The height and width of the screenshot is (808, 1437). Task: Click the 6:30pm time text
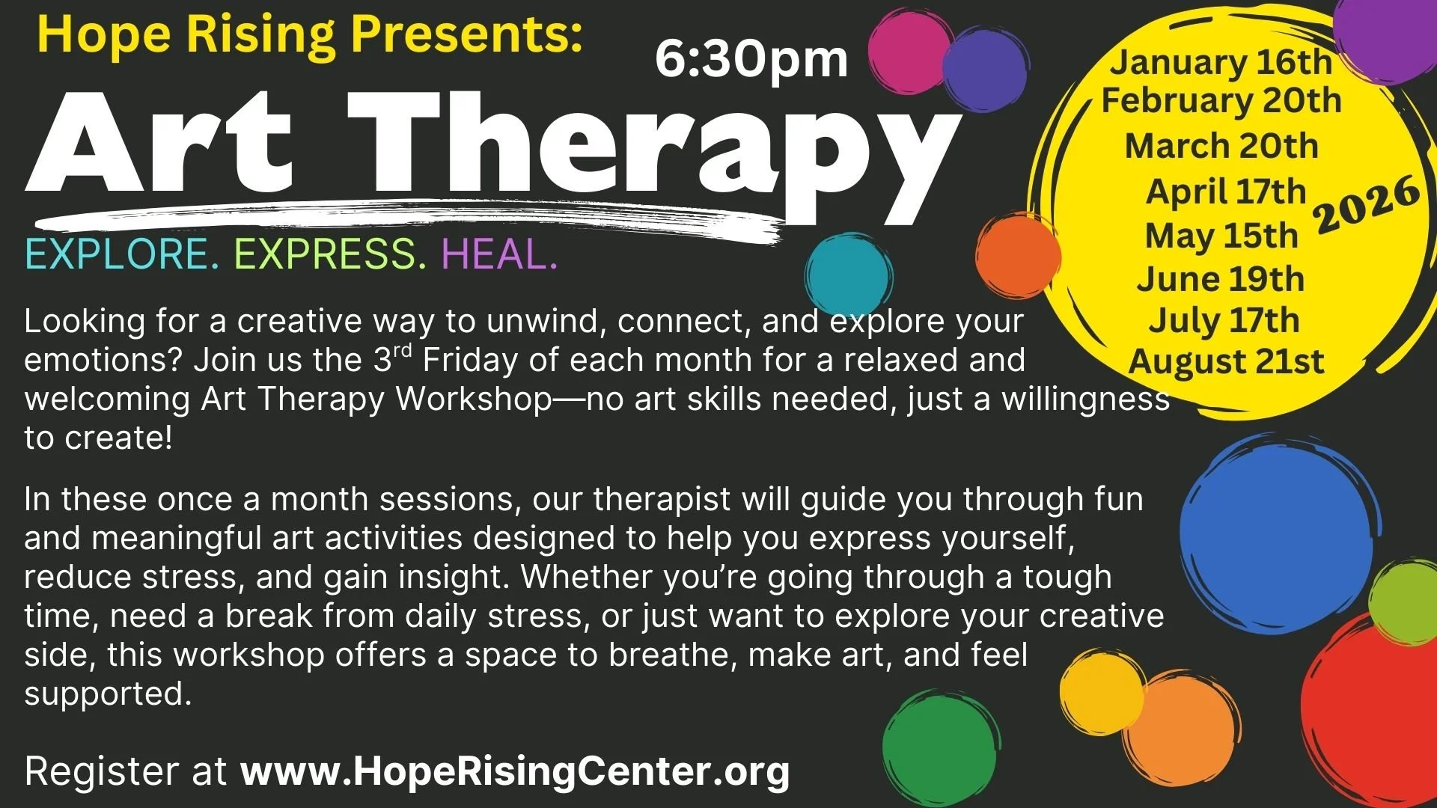point(751,60)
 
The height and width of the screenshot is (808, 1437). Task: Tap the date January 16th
point(1221,62)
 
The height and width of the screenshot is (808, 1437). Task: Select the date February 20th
point(1221,101)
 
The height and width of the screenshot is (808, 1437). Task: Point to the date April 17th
point(1226,192)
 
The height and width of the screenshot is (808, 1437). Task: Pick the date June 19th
point(1221,279)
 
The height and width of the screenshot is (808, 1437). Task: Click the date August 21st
point(1226,361)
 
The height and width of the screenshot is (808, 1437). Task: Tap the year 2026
point(1367,204)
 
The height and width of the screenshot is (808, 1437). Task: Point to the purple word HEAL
point(499,254)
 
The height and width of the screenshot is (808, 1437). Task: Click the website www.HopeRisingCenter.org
point(515,771)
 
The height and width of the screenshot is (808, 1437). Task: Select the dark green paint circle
point(939,746)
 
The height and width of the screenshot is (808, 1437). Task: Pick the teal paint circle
point(848,275)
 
